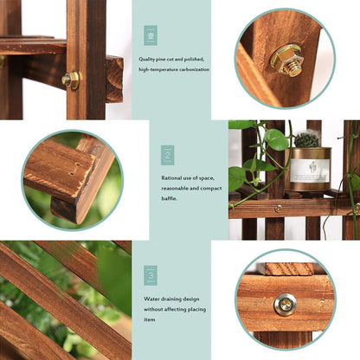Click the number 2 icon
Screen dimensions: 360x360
pos(167,155)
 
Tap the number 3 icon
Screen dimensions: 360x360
pos(151,275)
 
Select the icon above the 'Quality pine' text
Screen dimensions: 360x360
pos(151,35)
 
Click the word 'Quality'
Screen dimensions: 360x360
pos(149,60)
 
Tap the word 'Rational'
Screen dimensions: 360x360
pos(172,178)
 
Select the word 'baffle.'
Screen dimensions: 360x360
pos(170,198)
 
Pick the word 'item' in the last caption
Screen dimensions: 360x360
pos(151,318)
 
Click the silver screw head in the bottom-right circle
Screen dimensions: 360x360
pos(284,304)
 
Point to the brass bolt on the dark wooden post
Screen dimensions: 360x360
pos(71,80)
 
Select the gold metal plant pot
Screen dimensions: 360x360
pos(308,169)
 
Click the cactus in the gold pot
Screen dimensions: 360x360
pos(307,138)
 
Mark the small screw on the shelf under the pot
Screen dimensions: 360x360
pos(278,208)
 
